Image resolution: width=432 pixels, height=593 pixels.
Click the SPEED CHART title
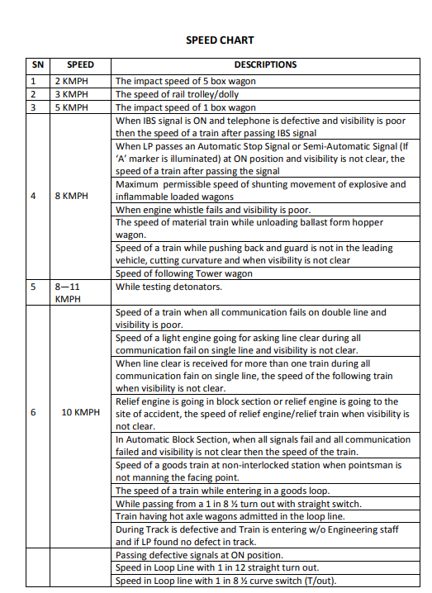pos(220,40)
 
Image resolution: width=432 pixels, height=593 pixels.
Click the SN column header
pos(38,64)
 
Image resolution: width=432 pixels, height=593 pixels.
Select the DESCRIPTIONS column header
pos(264,64)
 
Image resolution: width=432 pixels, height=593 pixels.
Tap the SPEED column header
pos(80,64)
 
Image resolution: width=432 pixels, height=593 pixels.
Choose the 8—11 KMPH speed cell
pos(69,292)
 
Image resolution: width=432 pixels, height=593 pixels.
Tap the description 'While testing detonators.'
pos(169,287)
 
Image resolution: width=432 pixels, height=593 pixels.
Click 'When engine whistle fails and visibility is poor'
pos(220,210)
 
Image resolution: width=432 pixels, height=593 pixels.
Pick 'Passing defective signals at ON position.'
pos(199,555)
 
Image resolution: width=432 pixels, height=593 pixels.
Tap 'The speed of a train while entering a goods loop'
pos(222,491)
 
